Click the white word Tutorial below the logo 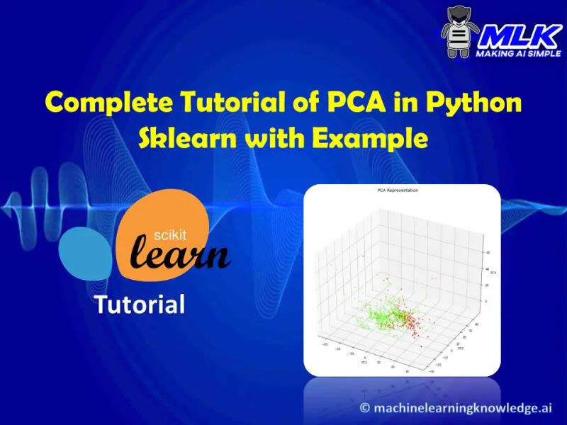point(140,305)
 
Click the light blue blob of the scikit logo point(82,255)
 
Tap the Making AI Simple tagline point(518,54)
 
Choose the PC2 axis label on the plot point(461,348)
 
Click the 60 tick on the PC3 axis point(488,253)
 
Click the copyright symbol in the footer point(366,407)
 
